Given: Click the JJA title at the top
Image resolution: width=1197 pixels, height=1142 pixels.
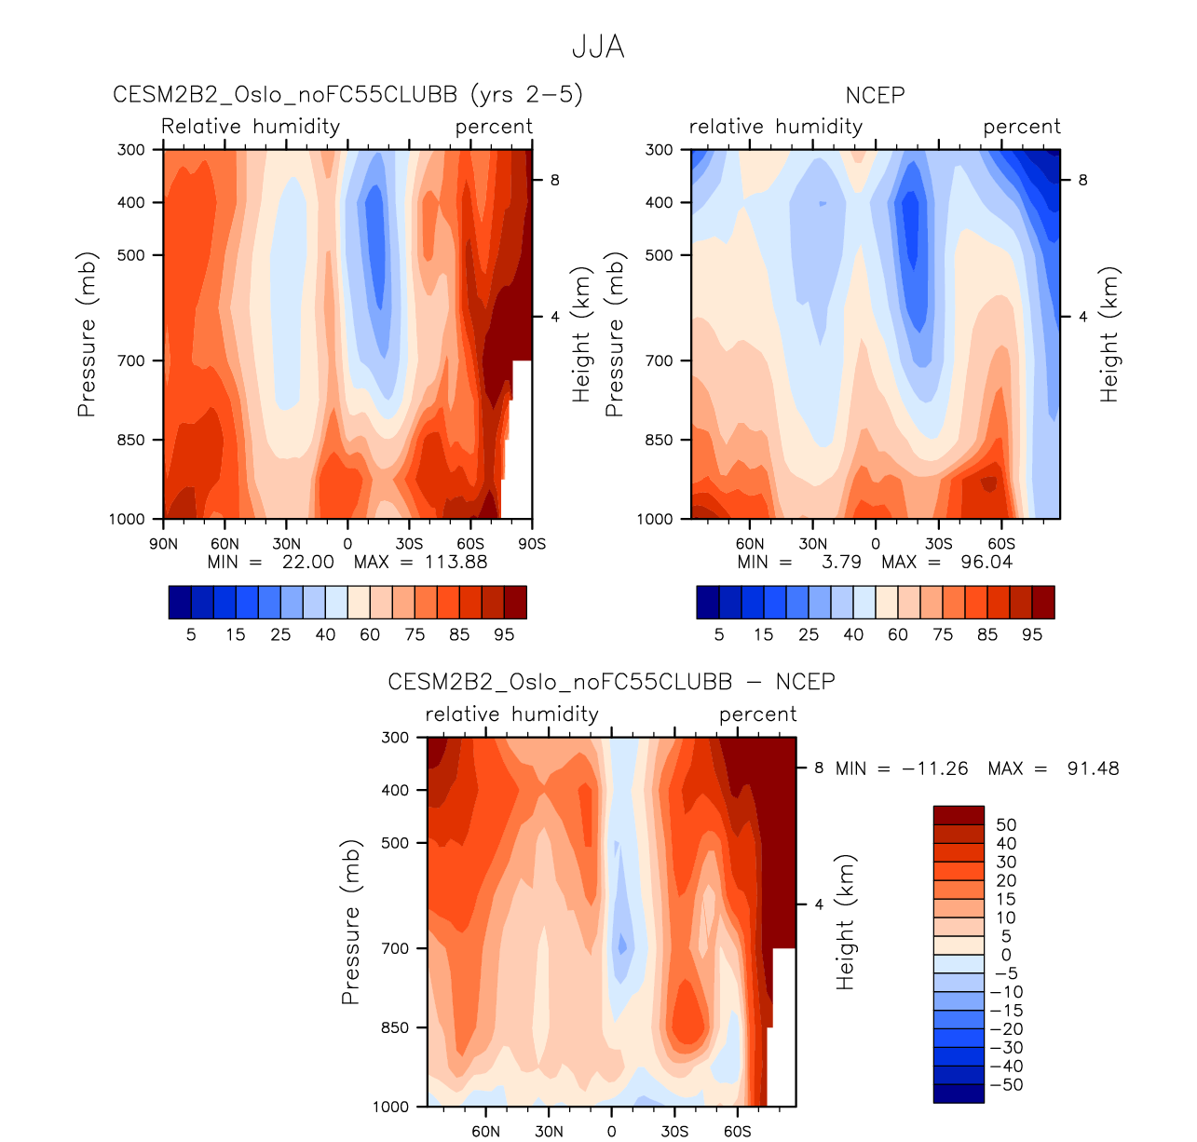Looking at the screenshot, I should [x=598, y=47].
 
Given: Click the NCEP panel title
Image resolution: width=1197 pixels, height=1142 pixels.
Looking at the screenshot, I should [x=875, y=95].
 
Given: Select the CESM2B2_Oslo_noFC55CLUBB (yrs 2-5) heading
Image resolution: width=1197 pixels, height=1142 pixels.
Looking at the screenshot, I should [x=347, y=95].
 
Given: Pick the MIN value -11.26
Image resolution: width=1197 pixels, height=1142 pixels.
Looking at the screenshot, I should [x=935, y=768].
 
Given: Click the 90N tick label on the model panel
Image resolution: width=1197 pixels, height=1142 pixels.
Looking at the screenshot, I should [x=163, y=544].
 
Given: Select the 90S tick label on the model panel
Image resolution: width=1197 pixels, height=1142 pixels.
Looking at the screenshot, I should [x=532, y=544].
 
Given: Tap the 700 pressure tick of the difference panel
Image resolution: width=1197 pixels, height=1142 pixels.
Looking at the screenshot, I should [x=396, y=948].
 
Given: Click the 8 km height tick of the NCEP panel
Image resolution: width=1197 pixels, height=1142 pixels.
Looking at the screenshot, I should [x=1082, y=180].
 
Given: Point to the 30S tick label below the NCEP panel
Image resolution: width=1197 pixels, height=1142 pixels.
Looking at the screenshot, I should [x=938, y=544].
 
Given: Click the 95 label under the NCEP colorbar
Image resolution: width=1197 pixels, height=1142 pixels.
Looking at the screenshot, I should [x=1032, y=634].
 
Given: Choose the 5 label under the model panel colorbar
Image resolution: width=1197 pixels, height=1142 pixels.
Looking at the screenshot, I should [x=191, y=634].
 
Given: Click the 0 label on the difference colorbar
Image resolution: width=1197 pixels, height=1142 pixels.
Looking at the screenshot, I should [x=1006, y=955].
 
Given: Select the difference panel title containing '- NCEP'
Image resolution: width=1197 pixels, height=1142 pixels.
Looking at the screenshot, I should [x=611, y=682].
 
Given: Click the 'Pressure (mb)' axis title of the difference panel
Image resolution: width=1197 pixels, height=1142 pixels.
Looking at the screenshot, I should [x=350, y=922].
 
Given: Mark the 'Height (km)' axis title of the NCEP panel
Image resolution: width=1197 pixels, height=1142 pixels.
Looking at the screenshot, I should [x=1109, y=335].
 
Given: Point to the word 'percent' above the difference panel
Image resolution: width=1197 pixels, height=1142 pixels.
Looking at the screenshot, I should [x=757, y=714].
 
